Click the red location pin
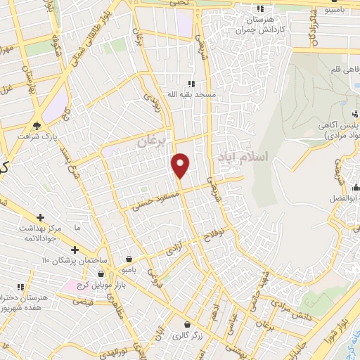point(181,165)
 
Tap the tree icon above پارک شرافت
point(36,127)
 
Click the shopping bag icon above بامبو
point(128,259)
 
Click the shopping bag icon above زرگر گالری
point(187,324)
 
